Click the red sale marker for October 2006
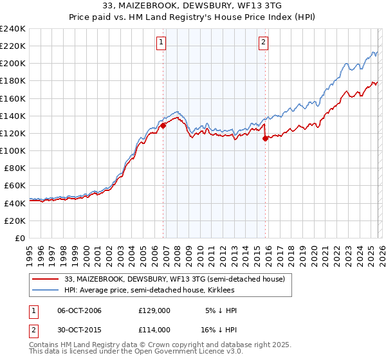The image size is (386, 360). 163,126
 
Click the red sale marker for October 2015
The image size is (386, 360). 266,139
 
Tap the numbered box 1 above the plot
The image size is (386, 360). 160,43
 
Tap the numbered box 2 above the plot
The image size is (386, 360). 264,43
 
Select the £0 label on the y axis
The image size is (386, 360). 20,238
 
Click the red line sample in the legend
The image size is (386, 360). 46,279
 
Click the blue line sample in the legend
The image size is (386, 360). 46,290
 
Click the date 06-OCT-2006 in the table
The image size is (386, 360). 79,310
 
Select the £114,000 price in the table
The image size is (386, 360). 154,329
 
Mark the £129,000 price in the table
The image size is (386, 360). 154,310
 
